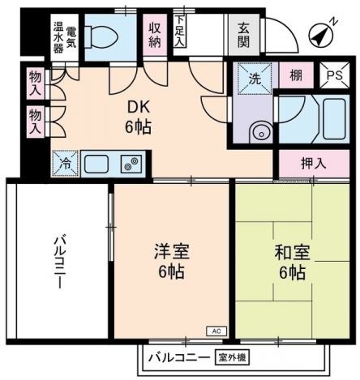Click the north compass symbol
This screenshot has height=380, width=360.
tap(323, 35)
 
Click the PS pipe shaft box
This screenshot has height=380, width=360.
tap(333, 76)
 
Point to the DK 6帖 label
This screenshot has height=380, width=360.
tap(138, 117)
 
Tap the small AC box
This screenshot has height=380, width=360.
tap(216, 331)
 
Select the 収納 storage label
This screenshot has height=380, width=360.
tap(155, 36)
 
